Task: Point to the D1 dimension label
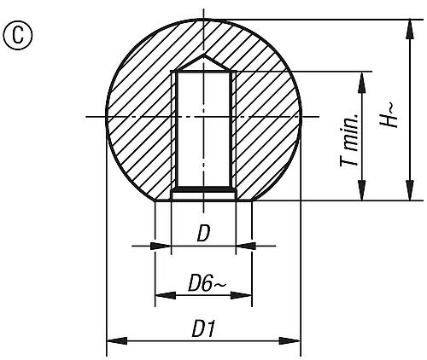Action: [x=202, y=328]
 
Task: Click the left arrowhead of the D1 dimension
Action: [x=111, y=341]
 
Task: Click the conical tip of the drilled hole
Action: [x=203, y=62]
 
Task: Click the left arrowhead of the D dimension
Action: [x=166, y=246]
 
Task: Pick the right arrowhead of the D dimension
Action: [x=241, y=246]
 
